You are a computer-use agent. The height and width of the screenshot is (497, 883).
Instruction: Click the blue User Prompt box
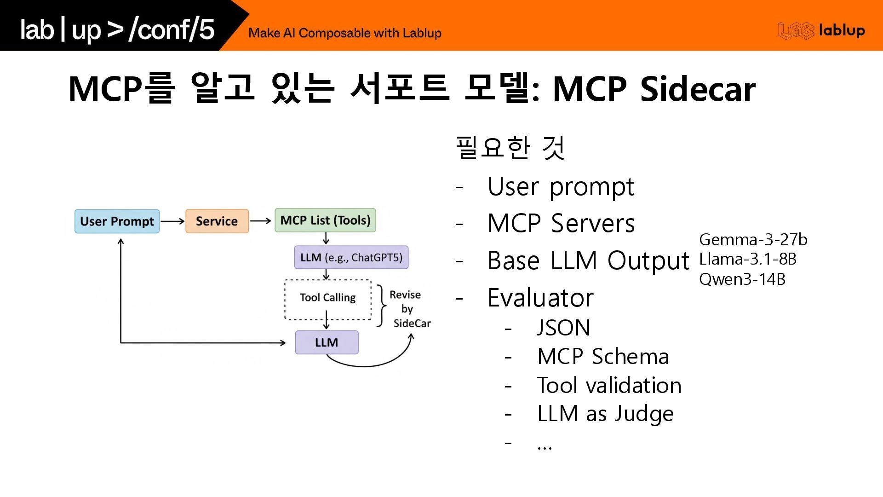[117, 221]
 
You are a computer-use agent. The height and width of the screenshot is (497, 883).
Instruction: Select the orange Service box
[217, 221]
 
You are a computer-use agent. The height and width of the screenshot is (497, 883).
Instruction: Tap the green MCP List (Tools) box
[325, 220]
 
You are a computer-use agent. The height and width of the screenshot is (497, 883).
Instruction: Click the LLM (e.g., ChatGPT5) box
[351, 257]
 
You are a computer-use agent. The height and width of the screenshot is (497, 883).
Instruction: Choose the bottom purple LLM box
[327, 342]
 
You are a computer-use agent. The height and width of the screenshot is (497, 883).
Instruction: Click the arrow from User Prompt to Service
[172, 221]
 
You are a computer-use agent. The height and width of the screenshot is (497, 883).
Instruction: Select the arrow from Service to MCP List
[261, 221]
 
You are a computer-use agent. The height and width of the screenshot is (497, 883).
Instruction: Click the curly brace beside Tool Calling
[381, 306]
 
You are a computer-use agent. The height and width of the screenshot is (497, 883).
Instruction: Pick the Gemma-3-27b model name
[753, 240]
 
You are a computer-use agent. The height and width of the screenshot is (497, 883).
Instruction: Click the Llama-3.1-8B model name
[747, 260]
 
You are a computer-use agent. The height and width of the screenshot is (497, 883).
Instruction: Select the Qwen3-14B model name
[742, 279]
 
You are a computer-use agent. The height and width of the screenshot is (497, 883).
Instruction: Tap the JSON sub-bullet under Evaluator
[563, 328]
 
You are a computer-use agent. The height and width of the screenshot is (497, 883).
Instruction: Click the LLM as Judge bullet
[605, 414]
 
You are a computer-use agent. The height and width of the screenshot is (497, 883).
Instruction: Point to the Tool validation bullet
[609, 385]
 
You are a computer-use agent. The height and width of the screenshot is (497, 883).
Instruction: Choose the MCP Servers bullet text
[561, 223]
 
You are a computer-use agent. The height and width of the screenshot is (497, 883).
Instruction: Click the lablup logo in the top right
[821, 31]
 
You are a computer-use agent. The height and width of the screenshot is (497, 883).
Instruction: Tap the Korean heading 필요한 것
[510, 148]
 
